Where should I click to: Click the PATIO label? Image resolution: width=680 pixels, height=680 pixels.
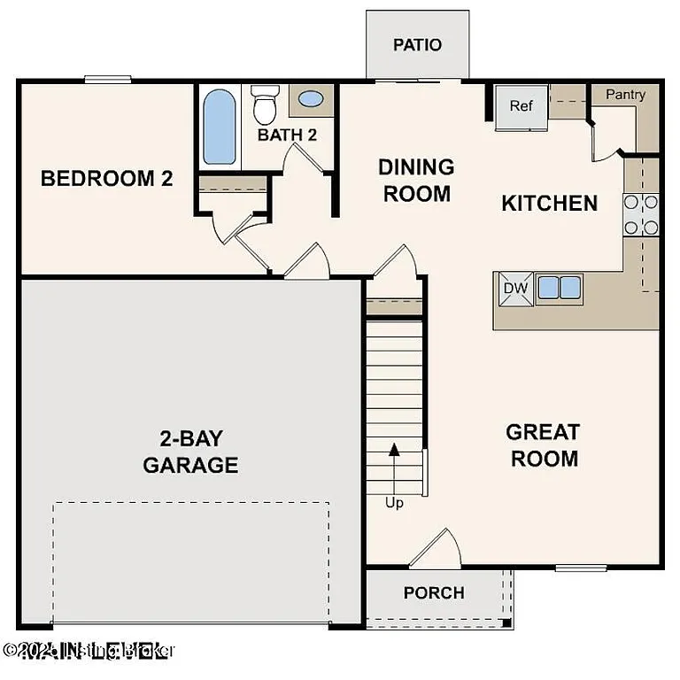417,45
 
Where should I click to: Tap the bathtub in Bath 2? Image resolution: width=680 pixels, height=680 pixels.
219,128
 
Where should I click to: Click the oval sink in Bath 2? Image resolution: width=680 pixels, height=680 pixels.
311,99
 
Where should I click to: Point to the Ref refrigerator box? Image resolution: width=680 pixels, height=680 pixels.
522,106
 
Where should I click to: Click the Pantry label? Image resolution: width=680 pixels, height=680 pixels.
625,95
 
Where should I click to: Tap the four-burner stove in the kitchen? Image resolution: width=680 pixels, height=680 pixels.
641,214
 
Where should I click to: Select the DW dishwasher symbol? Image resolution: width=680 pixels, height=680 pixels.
515,288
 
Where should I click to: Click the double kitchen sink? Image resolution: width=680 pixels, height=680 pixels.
560,287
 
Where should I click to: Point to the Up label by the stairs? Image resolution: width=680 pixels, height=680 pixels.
394,503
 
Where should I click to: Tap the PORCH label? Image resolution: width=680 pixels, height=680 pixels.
434,593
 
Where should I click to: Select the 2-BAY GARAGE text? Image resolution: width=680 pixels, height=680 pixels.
190,451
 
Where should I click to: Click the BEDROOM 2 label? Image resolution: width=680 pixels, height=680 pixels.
106,179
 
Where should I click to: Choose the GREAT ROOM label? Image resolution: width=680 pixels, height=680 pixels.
543,445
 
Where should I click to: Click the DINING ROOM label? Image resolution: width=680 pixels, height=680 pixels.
416,180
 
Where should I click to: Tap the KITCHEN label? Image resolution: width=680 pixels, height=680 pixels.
549,203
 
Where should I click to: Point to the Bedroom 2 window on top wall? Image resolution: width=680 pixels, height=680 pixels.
108,80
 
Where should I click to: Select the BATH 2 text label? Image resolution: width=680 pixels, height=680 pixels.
287,135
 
